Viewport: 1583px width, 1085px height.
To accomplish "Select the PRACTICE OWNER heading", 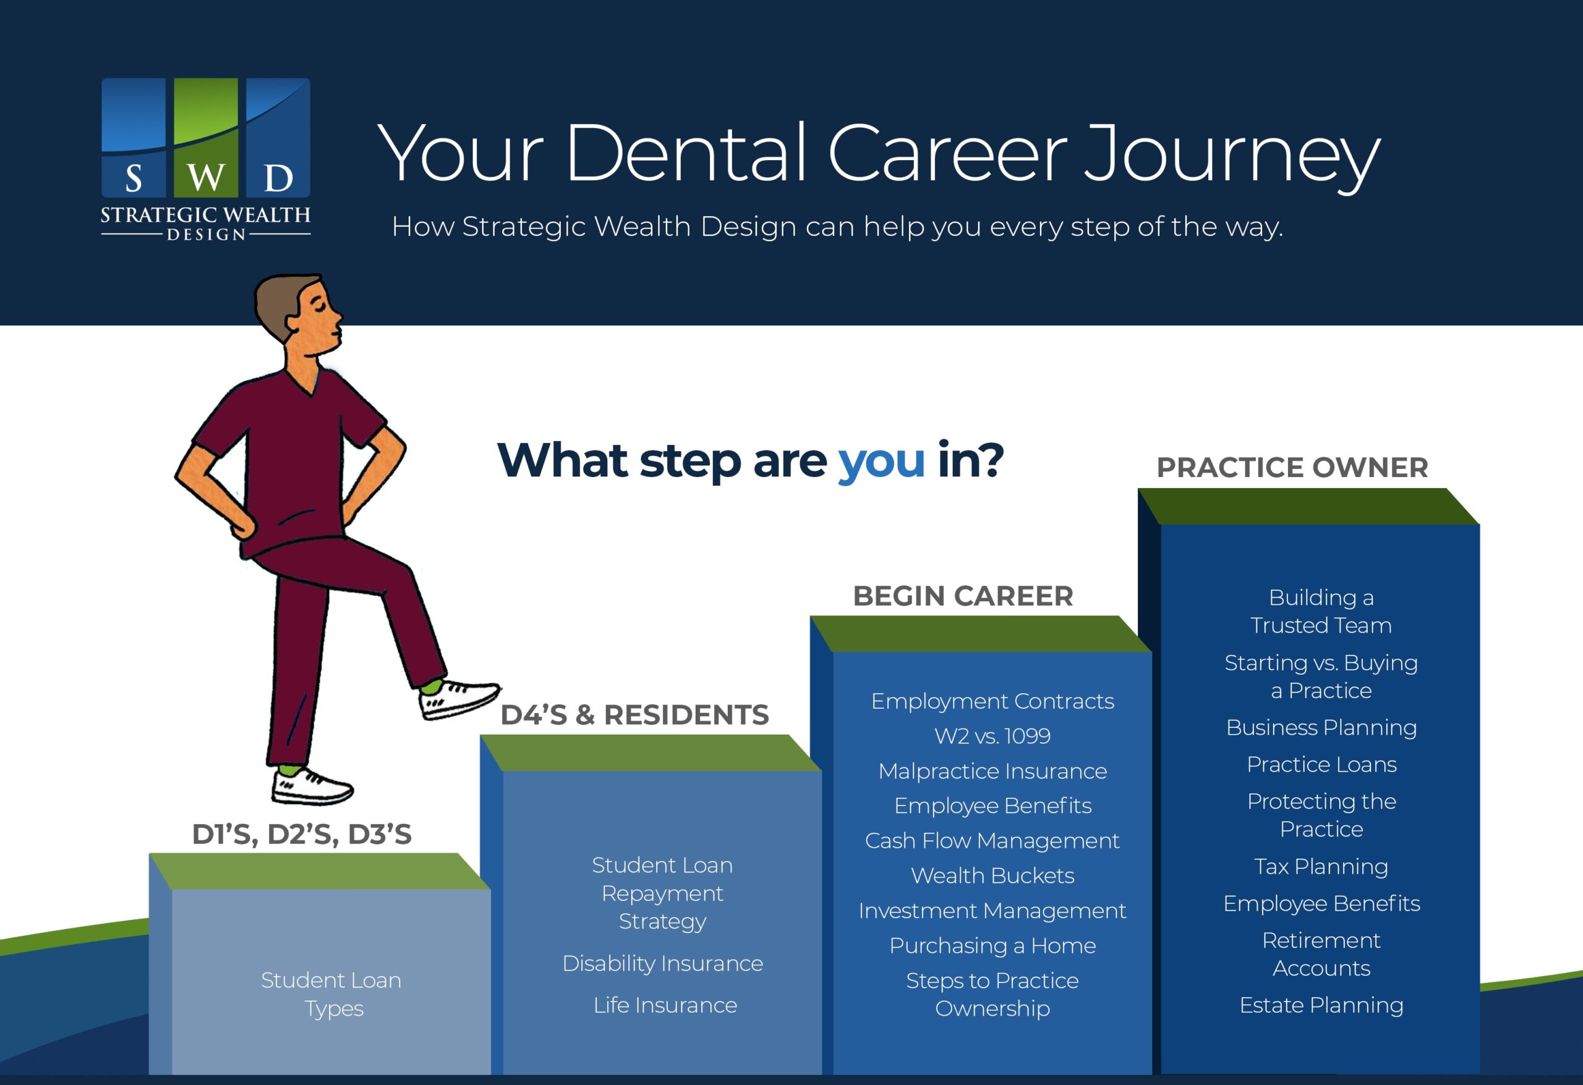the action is click(1292, 467).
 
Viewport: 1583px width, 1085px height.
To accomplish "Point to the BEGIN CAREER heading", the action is click(963, 596).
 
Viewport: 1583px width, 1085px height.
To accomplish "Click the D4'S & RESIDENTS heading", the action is click(635, 715).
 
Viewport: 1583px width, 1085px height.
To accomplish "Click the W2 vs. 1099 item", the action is click(992, 736).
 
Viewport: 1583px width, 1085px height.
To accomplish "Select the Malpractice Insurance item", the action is click(992, 770).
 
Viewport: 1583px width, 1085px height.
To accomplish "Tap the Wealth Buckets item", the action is click(992, 876).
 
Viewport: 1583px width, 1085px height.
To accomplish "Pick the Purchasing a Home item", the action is click(992, 945).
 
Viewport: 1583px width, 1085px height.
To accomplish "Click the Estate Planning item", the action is click(1321, 1005).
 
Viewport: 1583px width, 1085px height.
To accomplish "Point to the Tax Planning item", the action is click(1321, 866).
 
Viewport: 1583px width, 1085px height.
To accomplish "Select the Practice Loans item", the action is click(1321, 764).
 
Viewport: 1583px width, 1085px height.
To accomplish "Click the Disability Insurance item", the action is click(663, 963).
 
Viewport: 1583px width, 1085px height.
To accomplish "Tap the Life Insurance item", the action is click(665, 1005).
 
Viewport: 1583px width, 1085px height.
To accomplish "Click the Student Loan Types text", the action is click(331, 994).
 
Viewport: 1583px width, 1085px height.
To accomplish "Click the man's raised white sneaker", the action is click(458, 699).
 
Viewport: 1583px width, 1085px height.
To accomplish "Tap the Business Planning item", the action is click(1321, 728).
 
